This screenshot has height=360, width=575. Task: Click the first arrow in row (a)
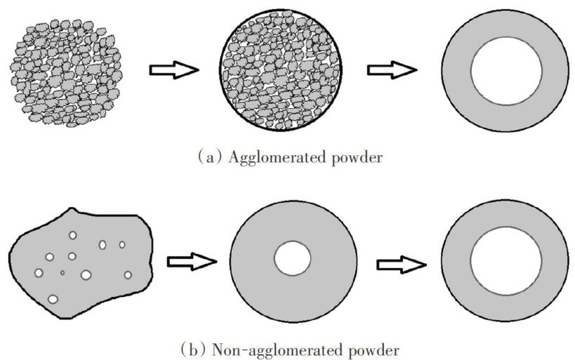tap(173, 69)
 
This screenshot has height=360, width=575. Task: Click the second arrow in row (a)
tap(392, 69)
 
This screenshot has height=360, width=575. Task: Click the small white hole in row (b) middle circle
tap(292, 260)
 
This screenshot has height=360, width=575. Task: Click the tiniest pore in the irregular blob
tap(62, 272)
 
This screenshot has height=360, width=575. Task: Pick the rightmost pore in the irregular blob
tap(128, 274)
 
